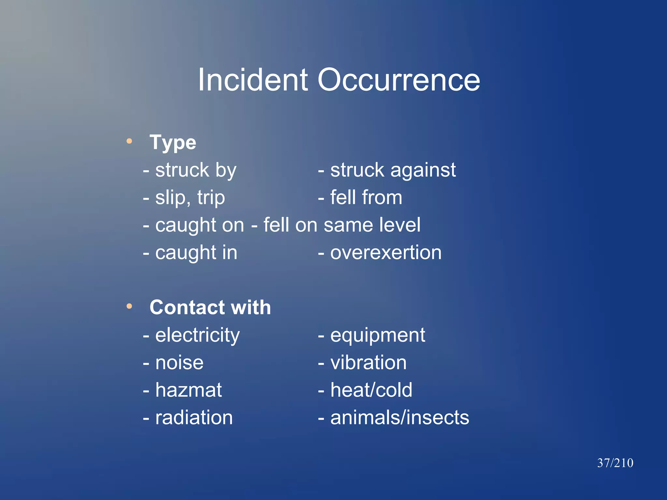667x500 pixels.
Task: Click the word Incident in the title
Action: tap(253, 80)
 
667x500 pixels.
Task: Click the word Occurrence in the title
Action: tap(398, 80)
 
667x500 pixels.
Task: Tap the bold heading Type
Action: tap(173, 142)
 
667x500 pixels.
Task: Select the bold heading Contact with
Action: tap(210, 307)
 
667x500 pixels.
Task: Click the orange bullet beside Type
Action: tap(129, 141)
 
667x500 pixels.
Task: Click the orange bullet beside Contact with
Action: tap(129, 306)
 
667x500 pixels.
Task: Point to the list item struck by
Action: tap(195, 170)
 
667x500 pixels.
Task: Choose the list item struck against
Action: tap(393, 170)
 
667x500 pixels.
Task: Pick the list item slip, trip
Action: tap(190, 198)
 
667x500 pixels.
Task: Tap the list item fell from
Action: tap(366, 197)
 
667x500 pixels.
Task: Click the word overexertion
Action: tap(386, 253)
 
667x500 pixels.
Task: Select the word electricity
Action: tap(197, 335)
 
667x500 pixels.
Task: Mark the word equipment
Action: tap(377, 335)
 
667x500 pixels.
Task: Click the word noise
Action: tap(179, 363)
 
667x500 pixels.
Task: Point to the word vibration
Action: tap(368, 363)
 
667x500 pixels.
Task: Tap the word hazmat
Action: tap(189, 390)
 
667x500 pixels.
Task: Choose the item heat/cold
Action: tap(371, 390)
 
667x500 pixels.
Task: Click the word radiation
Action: tap(194, 418)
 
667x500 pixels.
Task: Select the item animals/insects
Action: tap(400, 418)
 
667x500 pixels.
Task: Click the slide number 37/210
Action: tap(615, 463)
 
